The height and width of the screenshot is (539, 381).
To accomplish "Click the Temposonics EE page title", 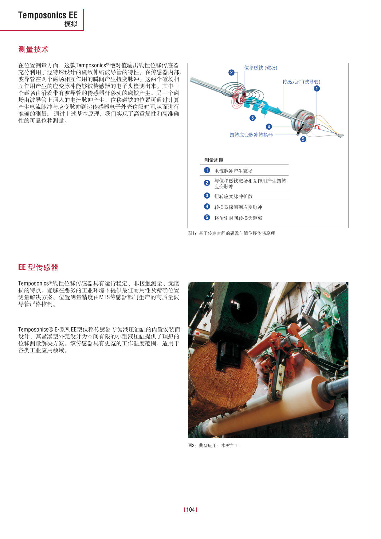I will pyautogui.click(x=48, y=15).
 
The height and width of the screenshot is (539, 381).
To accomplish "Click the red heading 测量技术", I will pyautogui.click(x=33, y=49).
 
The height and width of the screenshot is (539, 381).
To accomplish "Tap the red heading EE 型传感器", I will pyautogui.click(x=38, y=267).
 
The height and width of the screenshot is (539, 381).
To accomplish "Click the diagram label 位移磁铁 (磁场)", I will pyautogui.click(x=261, y=68).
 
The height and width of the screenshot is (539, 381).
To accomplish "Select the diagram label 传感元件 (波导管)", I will pyautogui.click(x=301, y=82).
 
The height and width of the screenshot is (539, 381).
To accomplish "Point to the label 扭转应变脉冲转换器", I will pyautogui.click(x=251, y=135).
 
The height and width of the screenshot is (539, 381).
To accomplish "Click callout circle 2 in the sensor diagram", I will pyautogui.click(x=231, y=73).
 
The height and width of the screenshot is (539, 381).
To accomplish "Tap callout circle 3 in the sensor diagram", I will pyautogui.click(x=253, y=118).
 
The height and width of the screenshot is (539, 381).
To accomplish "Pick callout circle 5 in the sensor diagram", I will pyautogui.click(x=303, y=139).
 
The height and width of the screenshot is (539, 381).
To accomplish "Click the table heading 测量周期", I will pyautogui.click(x=214, y=160).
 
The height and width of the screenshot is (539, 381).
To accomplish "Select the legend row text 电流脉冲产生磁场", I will pyautogui.click(x=233, y=171).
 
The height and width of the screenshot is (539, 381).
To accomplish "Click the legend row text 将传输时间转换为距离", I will pyautogui.click(x=238, y=218).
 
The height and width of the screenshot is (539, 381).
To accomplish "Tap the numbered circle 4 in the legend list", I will pyautogui.click(x=207, y=207).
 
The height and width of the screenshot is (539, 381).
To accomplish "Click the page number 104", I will pyautogui.click(x=190, y=509).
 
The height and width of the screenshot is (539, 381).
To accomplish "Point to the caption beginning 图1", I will pyautogui.click(x=231, y=233).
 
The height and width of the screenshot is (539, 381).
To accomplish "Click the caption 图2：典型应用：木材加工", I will pyautogui.click(x=213, y=445).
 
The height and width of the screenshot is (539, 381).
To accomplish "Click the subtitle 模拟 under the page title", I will pyautogui.click(x=71, y=24).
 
